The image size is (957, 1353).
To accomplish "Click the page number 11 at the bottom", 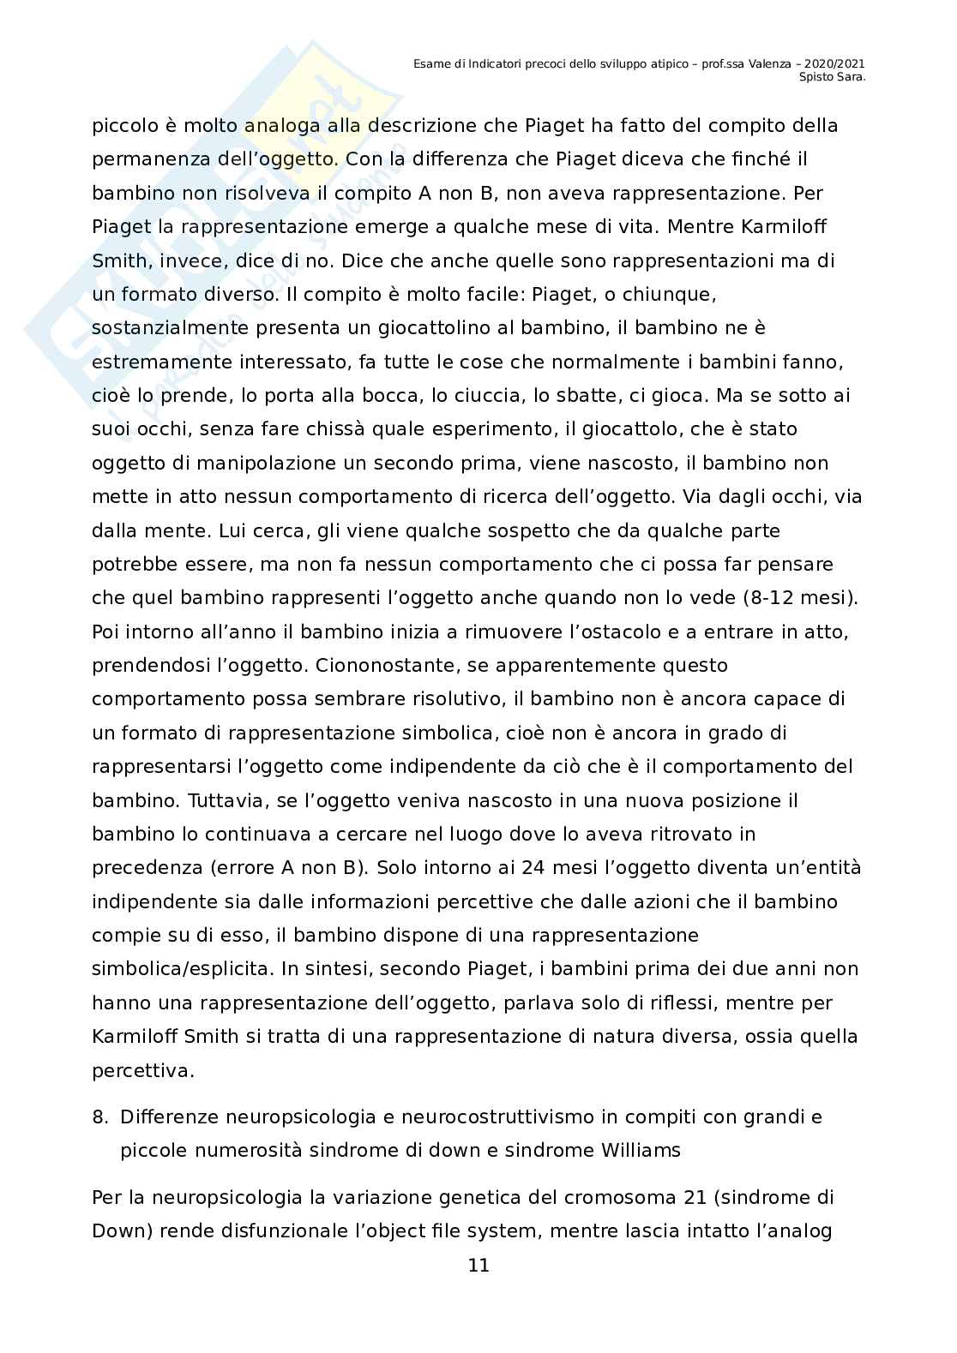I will (478, 1266).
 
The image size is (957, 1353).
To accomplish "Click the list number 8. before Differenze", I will (99, 1117).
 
